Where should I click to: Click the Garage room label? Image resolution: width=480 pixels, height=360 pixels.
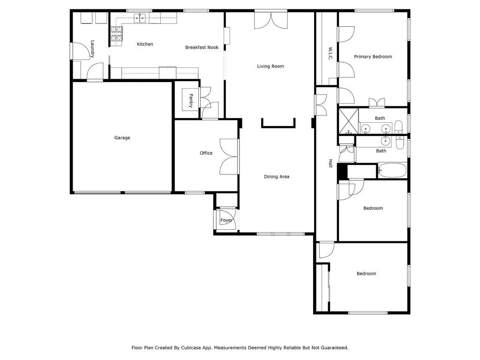[x=122, y=138]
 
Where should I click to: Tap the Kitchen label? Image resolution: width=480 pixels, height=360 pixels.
[x=145, y=44]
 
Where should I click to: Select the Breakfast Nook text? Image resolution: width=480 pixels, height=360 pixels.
[x=202, y=47]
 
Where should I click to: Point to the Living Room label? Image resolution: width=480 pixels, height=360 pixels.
[x=270, y=66]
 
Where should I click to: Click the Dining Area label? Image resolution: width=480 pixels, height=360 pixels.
[x=277, y=177]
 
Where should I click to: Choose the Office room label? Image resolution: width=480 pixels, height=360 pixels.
[x=206, y=153]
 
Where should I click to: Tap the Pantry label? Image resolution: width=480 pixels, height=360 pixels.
[x=191, y=101]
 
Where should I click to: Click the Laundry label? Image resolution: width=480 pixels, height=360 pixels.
[x=92, y=49]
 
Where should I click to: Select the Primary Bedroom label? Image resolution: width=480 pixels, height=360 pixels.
[x=373, y=57]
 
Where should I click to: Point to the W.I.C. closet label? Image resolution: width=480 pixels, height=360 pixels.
[x=330, y=53]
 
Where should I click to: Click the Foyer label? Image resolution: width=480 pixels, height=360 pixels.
[x=226, y=220]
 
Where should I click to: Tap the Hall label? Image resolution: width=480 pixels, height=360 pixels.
[x=330, y=163]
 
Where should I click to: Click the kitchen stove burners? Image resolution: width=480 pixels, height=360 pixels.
[x=117, y=34]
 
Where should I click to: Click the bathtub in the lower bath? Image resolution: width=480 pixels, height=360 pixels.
[x=392, y=170]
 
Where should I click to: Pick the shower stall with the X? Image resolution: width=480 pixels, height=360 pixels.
[x=348, y=121]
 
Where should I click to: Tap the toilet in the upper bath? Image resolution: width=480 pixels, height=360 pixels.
[x=398, y=127]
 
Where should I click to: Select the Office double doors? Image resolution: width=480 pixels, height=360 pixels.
[x=229, y=157]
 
